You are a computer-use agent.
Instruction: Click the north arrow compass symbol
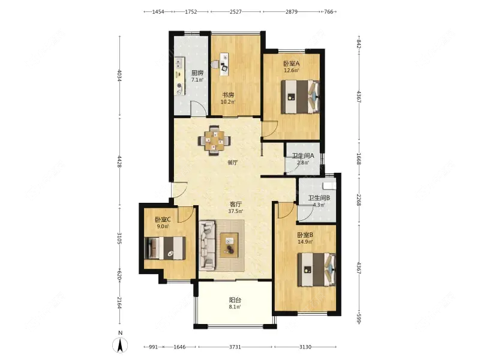pos(121,346)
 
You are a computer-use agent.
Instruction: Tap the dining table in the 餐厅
pos(215,140)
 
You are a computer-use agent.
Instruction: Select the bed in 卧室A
pos(301,97)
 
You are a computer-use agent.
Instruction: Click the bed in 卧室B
pos(317,269)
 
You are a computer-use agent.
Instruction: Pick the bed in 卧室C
pos(164,248)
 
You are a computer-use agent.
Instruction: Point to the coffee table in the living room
pos(229,245)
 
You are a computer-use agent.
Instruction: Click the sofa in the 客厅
pos(207,246)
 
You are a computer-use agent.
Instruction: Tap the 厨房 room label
pos(197,73)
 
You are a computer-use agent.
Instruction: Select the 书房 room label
pos(228,95)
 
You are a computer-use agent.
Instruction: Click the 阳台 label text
pos(235,300)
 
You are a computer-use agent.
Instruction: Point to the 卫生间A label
pos(303,155)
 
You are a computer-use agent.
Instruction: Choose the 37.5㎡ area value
pos(235,211)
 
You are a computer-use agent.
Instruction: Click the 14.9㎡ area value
pos(305,242)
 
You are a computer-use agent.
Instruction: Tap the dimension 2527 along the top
pos(235,11)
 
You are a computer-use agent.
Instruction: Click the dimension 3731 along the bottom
pos(235,347)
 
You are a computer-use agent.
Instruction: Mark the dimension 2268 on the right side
pos(359,199)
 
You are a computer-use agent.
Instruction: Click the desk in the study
pos(224,64)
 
